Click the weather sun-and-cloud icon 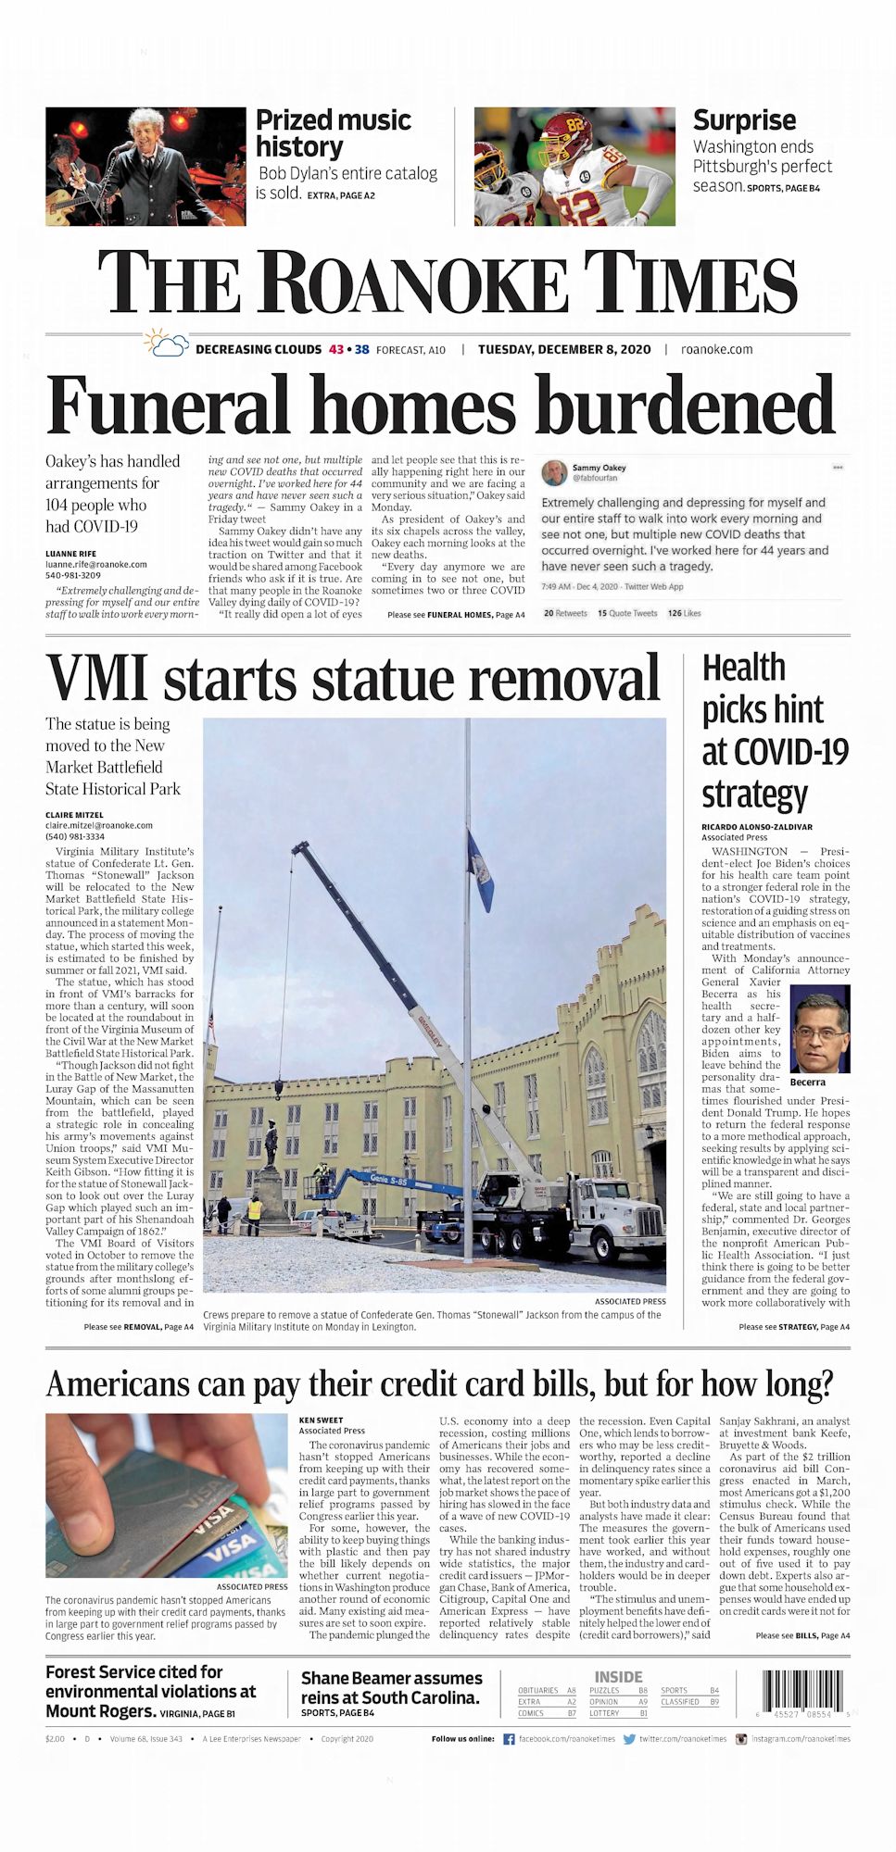(x=167, y=344)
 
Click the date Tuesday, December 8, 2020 (x=564, y=349)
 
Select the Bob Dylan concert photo (x=145, y=167)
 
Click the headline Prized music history (x=333, y=133)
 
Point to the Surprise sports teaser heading (x=744, y=120)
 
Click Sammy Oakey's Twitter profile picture (x=554, y=472)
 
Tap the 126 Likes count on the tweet (x=684, y=613)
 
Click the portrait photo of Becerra (x=819, y=1028)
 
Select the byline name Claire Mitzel (x=74, y=815)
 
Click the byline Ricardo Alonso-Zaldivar (x=756, y=827)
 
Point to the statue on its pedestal (x=271, y=1148)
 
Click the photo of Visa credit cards (x=167, y=1495)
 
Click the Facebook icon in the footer (x=509, y=1739)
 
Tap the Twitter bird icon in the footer (x=629, y=1739)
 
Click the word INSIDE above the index (x=618, y=1677)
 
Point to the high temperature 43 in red (x=336, y=349)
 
